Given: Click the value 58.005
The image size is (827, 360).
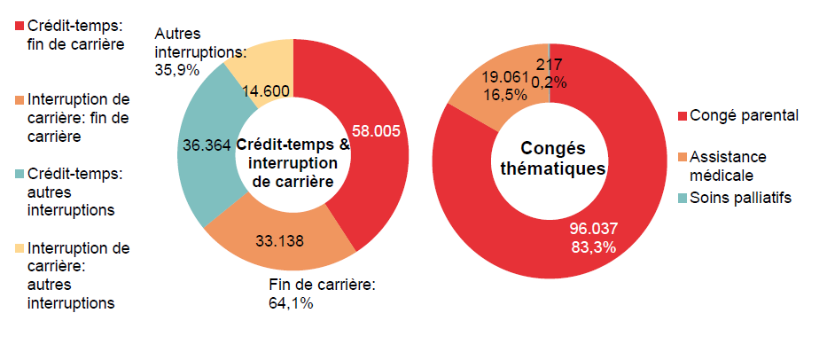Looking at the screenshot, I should tap(377, 130).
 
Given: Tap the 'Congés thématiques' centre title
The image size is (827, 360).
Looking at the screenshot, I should tap(550, 159).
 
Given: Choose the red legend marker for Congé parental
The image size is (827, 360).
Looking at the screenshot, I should tap(682, 116).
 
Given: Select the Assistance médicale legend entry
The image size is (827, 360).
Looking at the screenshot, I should tap(728, 165).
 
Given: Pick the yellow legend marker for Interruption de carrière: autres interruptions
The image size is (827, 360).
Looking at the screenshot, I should tap(20, 248).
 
